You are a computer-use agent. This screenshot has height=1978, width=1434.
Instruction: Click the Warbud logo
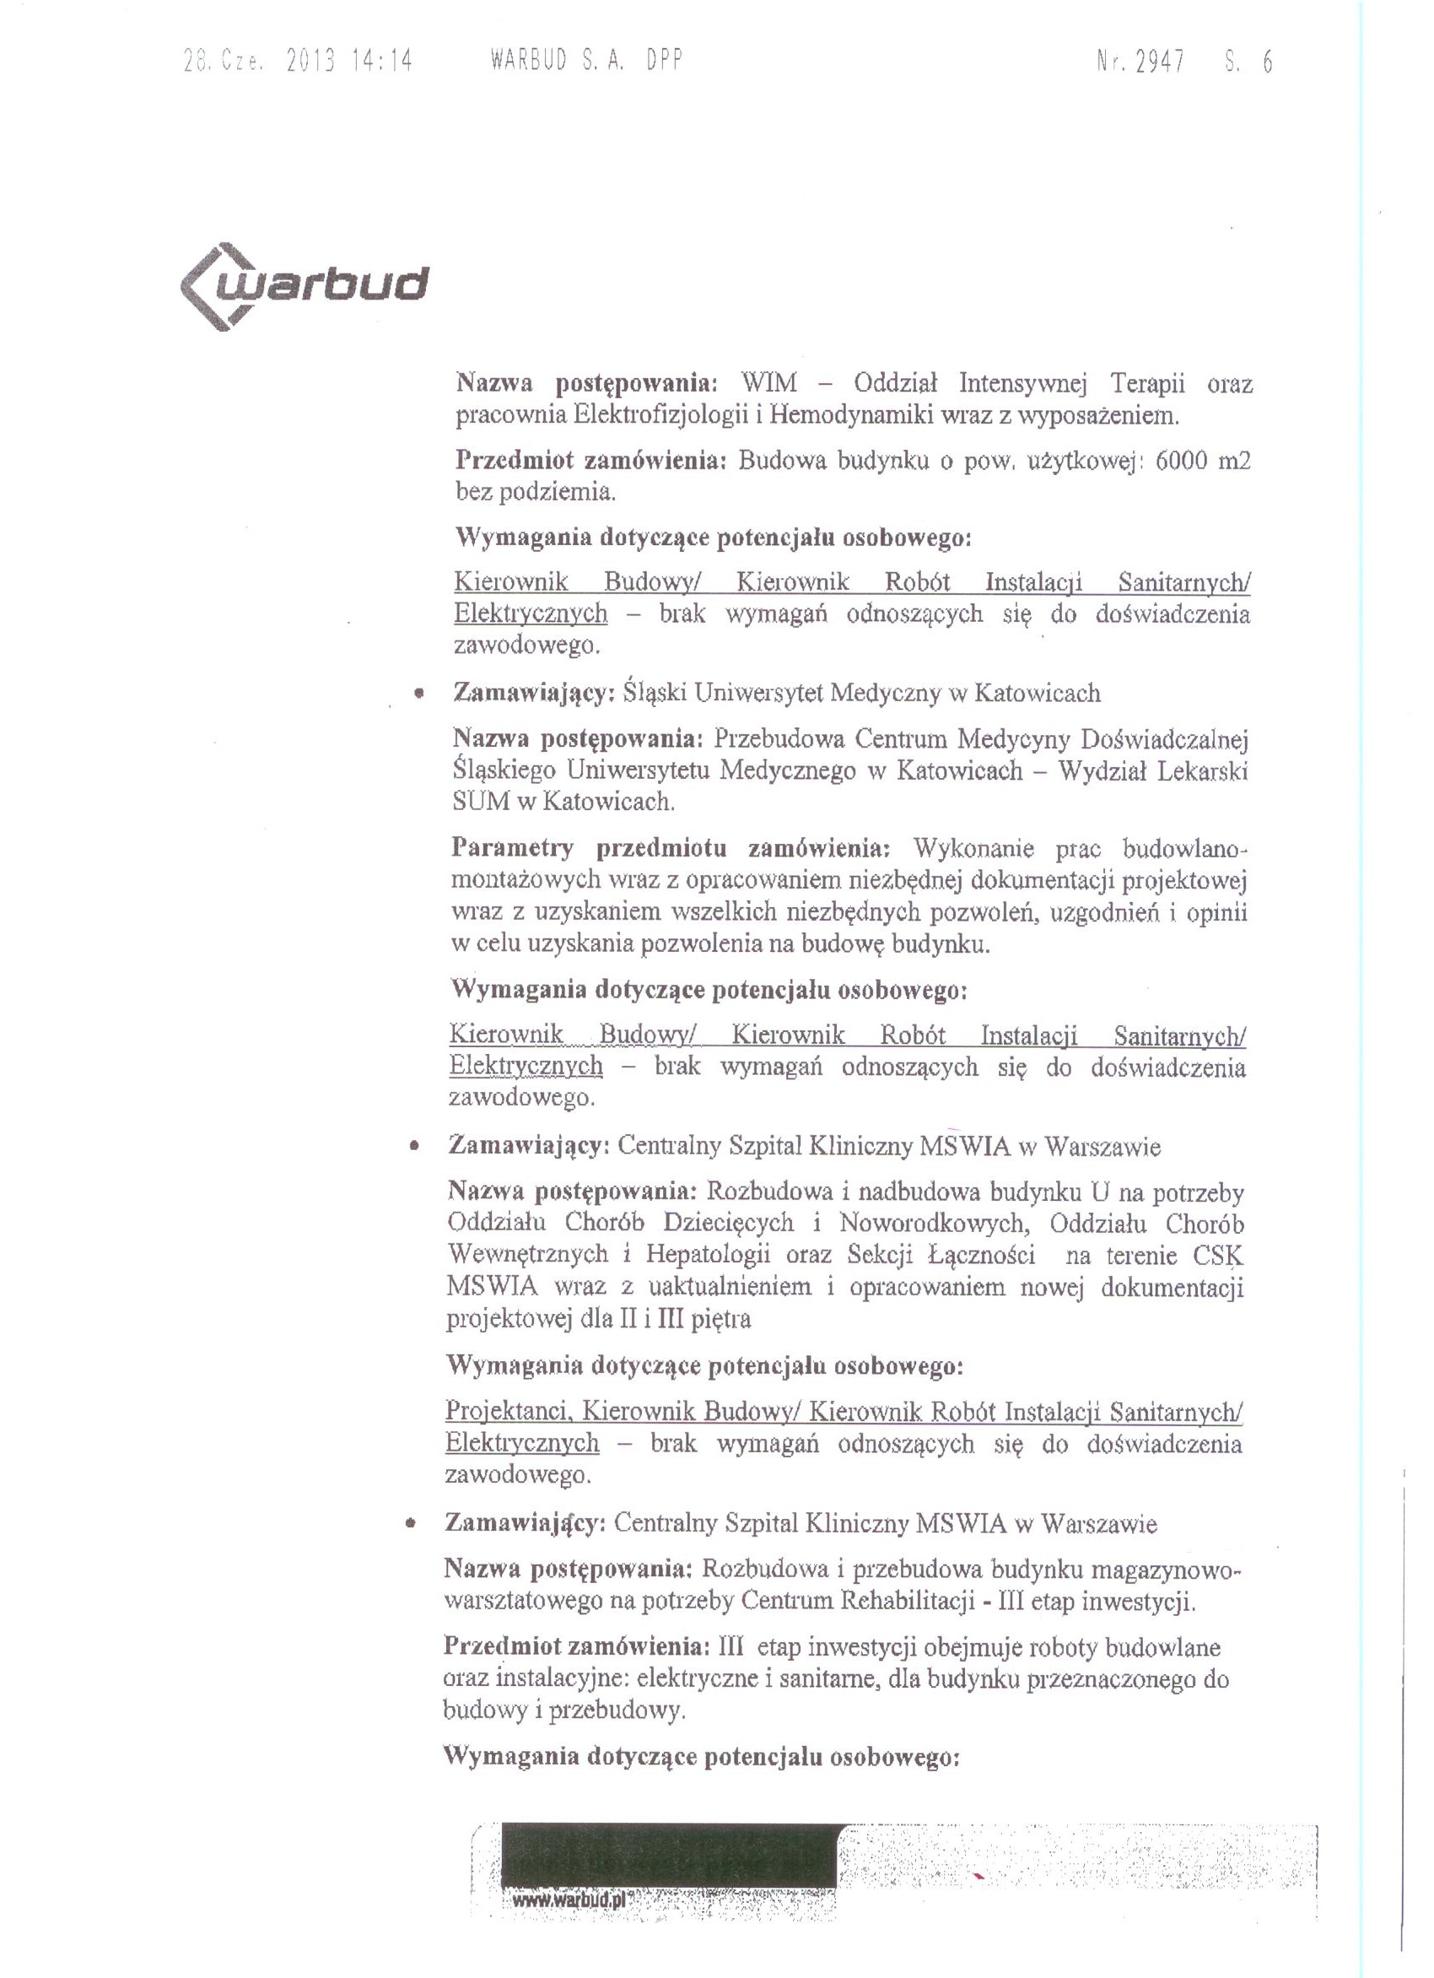coord(305,286)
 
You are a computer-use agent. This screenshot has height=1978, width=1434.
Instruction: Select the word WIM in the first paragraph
coord(768,383)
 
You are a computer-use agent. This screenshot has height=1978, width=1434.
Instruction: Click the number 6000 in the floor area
coord(1181,461)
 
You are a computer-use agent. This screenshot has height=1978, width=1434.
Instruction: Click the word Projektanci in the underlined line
coord(508,1411)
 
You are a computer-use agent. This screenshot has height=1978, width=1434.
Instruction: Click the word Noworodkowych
coord(935,1224)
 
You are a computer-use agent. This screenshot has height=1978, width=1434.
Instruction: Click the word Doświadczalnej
coord(1164,739)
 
